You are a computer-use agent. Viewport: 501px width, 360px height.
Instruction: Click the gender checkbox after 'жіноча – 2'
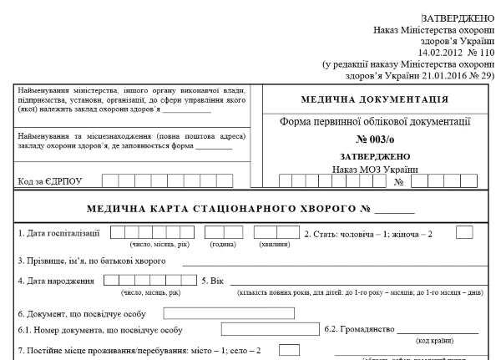tap(466, 232)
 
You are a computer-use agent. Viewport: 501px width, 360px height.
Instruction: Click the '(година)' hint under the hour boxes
tap(222, 245)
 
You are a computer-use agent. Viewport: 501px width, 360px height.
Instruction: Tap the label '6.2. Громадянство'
tap(360, 330)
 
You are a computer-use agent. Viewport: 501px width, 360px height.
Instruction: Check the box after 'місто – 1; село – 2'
tap(289, 350)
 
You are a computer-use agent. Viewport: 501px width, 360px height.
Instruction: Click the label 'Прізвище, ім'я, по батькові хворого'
tap(92, 261)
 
